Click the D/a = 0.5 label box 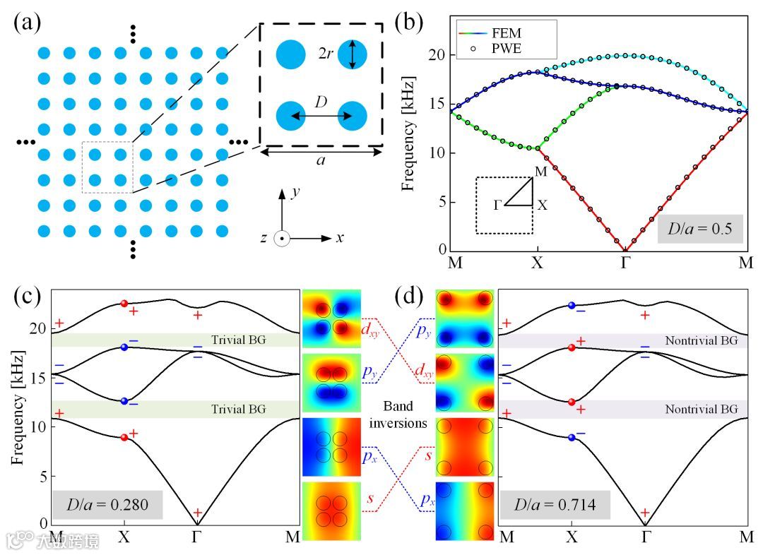pos(700,229)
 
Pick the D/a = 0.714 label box pos(555,506)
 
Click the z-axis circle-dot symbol pos(281,238)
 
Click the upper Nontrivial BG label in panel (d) pos(701,341)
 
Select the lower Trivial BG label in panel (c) pos(237,409)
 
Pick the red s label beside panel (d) pos(429,455)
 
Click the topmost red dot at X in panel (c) pos(124,304)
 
